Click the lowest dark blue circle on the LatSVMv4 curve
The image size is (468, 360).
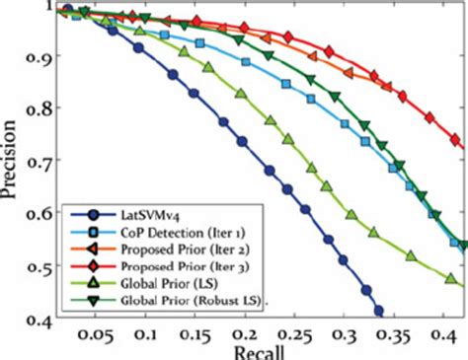tap(378, 312)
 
